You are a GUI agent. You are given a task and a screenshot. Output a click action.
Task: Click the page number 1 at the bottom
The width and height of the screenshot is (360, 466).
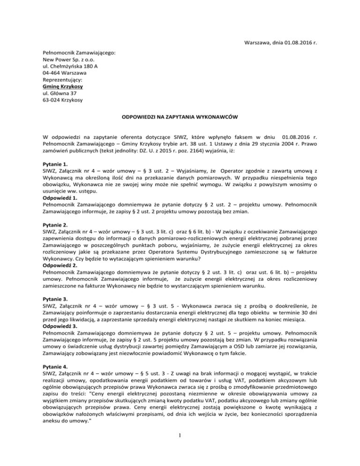180,447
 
